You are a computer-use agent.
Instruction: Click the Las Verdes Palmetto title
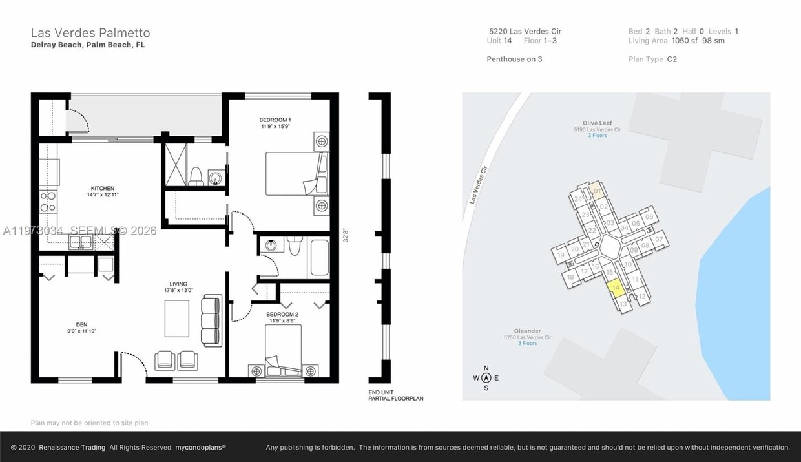coord(90,33)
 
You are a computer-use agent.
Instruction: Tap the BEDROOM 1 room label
coord(275,120)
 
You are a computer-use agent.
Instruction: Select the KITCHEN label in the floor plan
coord(103,189)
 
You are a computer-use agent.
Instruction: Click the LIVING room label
coord(178,284)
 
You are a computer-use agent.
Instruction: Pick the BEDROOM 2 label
coord(282,315)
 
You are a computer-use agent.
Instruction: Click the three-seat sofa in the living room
coord(211,313)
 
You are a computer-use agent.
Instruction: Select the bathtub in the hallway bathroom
coord(319,257)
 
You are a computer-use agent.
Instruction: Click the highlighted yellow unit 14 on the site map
coord(617,288)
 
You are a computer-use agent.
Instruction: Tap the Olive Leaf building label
coord(597,123)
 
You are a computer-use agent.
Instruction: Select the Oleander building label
coord(527,331)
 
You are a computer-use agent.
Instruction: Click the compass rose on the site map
coord(486,378)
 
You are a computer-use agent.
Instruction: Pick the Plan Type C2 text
coord(652,59)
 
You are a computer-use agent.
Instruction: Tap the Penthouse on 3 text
coord(514,59)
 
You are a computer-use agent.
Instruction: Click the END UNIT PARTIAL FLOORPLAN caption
coord(396,395)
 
